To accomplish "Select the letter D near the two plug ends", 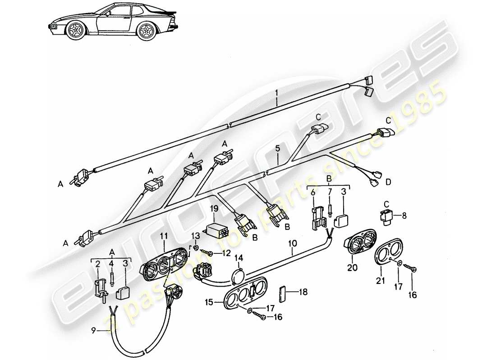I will pos(388,182).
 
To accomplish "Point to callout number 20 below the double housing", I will pos(352,267).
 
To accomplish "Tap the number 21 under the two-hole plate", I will pos(380,282).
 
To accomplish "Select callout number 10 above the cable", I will pos(293,243).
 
